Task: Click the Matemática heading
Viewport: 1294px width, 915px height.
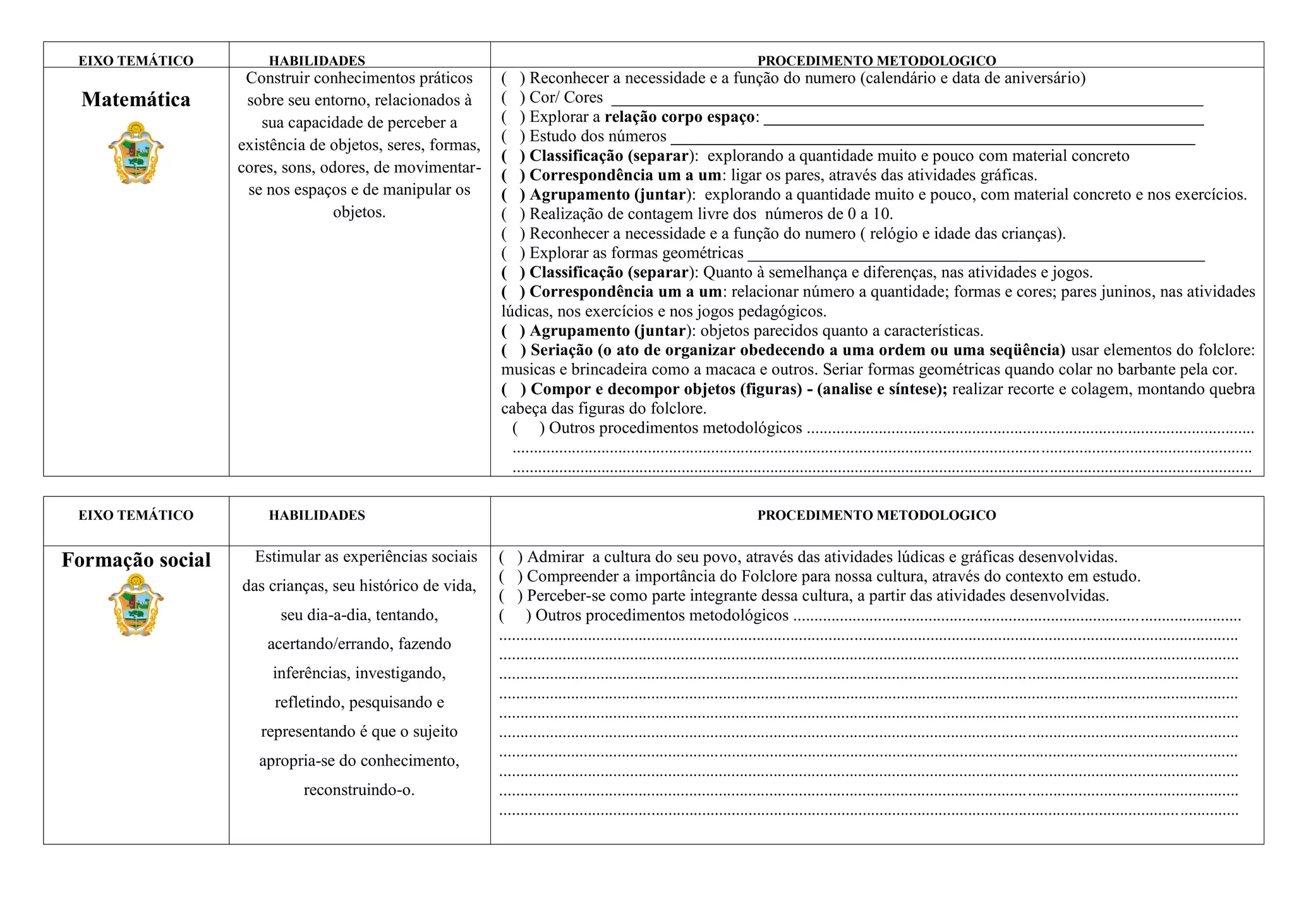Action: [136, 99]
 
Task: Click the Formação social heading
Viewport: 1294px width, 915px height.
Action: [136, 560]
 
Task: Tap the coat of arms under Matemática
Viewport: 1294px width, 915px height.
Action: [136, 153]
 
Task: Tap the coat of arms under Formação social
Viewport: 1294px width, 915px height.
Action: [136, 605]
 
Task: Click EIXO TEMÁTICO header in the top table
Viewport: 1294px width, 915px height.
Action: [136, 61]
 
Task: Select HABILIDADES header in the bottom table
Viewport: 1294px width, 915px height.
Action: [317, 515]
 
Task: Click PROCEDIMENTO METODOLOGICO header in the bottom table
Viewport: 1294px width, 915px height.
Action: [876, 515]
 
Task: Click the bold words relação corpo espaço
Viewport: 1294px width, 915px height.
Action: [679, 117]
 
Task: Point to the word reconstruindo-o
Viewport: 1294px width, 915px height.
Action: [359, 790]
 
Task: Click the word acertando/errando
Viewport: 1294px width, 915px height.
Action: [330, 644]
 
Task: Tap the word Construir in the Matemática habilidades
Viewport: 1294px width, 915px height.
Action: [277, 78]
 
